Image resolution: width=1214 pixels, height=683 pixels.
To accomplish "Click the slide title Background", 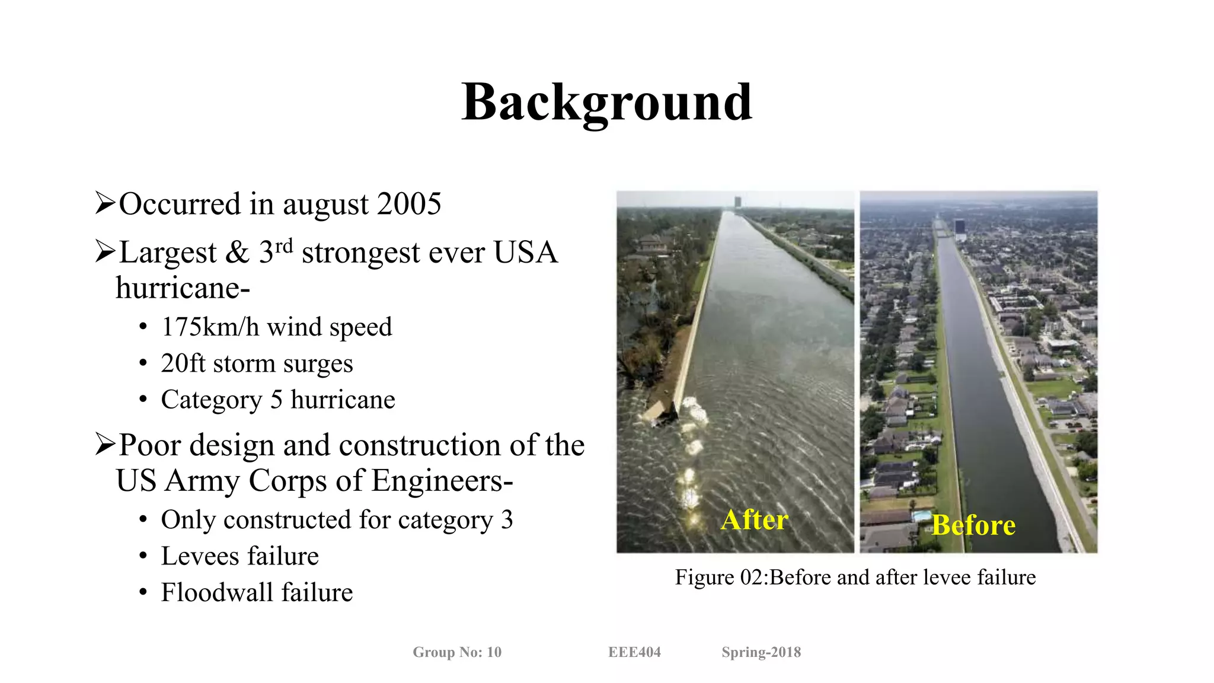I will [x=606, y=103].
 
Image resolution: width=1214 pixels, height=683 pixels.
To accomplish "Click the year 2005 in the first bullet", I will [x=409, y=204].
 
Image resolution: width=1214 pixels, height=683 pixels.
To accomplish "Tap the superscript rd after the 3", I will [x=284, y=245].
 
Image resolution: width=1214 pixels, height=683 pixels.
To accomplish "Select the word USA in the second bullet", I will [x=525, y=253].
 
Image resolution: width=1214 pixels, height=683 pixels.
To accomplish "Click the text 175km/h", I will [x=210, y=327].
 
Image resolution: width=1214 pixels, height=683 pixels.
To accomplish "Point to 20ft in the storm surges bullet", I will [x=183, y=363].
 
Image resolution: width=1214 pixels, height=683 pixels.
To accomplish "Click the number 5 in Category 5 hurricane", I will [x=276, y=400].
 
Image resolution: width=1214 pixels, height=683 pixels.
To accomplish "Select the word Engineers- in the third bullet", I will [x=442, y=481].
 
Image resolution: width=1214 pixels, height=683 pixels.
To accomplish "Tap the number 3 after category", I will [x=506, y=520].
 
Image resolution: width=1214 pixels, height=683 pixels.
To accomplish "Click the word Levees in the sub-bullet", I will [x=199, y=556].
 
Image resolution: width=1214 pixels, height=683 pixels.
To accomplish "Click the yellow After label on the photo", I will [x=754, y=520].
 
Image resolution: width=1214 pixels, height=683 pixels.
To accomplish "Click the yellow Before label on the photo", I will [x=973, y=525].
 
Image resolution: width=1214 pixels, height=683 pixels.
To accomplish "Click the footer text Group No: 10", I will [x=457, y=652].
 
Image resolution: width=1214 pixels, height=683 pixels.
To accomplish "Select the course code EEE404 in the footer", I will [x=634, y=652].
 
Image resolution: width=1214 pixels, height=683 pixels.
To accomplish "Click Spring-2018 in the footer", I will [x=761, y=652].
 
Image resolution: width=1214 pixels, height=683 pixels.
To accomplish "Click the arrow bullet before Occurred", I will [x=104, y=203].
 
